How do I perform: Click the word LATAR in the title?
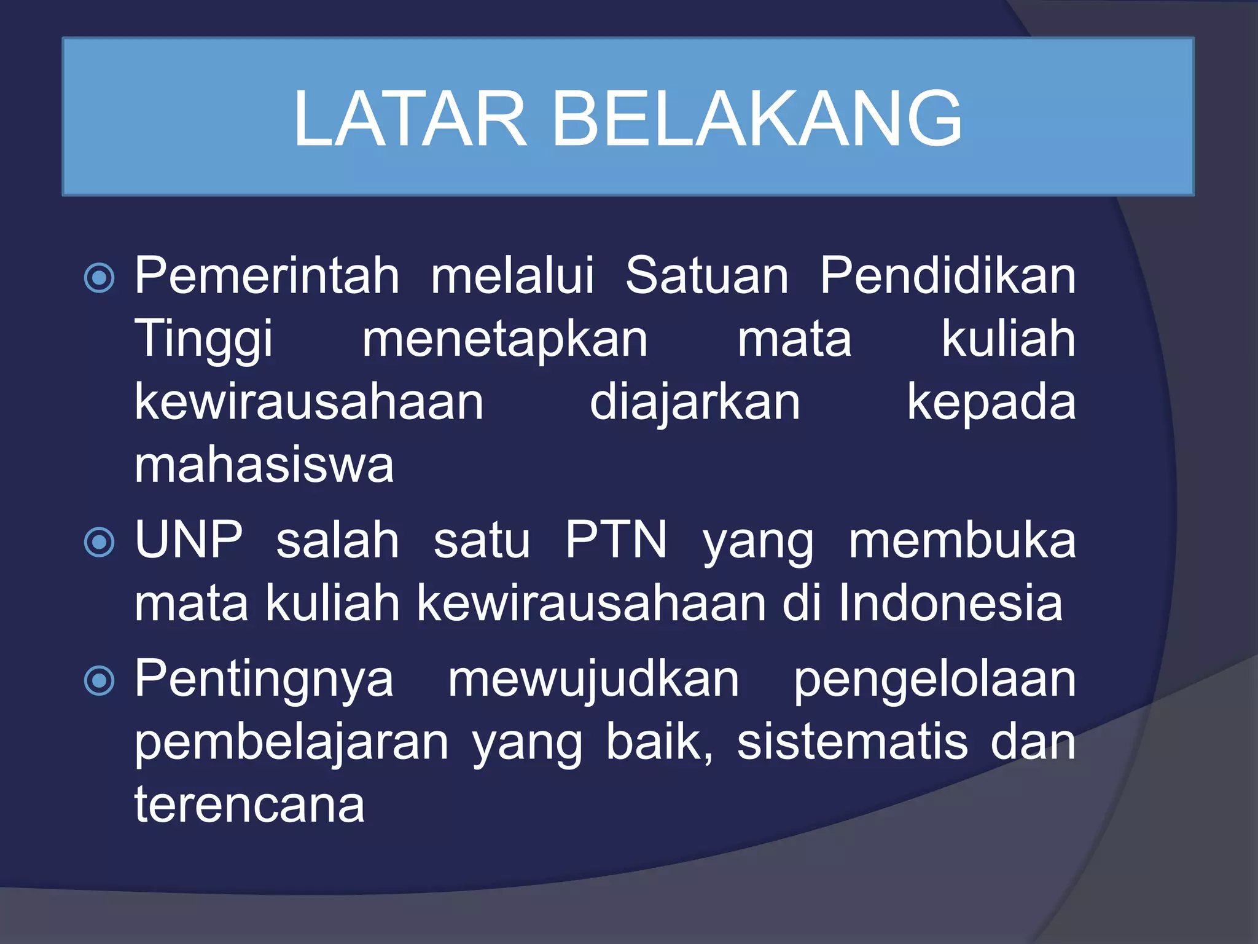click(410, 119)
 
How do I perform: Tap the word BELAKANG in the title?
click(757, 119)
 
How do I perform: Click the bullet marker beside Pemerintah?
click(99, 278)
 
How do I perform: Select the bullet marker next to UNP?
click(99, 542)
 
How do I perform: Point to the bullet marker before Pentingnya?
click(99, 680)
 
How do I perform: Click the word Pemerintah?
click(267, 276)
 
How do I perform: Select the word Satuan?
click(706, 276)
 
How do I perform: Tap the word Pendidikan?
click(948, 276)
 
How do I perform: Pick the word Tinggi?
click(203, 340)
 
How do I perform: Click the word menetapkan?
click(504, 340)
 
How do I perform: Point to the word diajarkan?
click(695, 403)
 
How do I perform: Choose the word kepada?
click(991, 403)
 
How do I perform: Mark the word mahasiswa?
click(264, 466)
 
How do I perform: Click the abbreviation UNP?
click(189, 540)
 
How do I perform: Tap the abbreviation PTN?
click(615, 540)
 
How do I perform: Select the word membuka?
click(962, 540)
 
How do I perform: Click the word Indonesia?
click(950, 604)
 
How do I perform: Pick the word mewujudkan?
click(593, 680)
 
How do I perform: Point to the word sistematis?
click(852, 742)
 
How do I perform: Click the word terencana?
click(249, 805)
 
